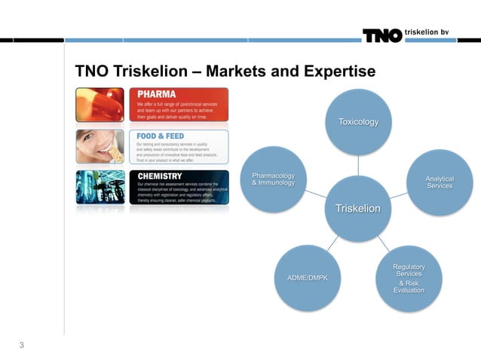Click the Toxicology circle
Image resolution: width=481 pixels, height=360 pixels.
click(x=358, y=122)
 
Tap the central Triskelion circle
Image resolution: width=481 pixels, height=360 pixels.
click(x=358, y=209)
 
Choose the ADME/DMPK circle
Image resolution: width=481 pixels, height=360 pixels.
click(x=308, y=279)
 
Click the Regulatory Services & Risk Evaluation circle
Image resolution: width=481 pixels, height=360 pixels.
click(x=408, y=278)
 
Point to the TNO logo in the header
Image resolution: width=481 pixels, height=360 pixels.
click(x=381, y=35)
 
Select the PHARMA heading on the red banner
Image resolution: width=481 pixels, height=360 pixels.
click(x=157, y=94)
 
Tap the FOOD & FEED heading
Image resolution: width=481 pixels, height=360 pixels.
click(x=161, y=136)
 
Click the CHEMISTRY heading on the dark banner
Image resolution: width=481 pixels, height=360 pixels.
click(x=159, y=176)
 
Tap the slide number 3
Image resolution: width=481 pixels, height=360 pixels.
click(x=22, y=346)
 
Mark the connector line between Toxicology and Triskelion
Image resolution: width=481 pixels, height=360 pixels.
click(x=358, y=165)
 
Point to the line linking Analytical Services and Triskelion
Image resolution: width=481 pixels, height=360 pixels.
click(x=399, y=195)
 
